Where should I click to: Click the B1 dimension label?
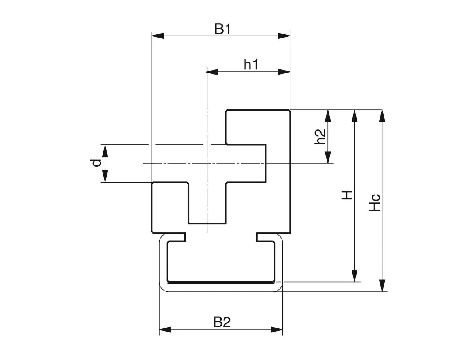[x=222, y=29]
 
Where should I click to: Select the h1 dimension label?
[x=251, y=64]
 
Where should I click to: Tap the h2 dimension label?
[x=320, y=137]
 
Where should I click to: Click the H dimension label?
[x=347, y=195]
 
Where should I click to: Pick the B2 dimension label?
[x=222, y=322]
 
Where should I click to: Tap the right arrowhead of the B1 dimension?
[x=284, y=36]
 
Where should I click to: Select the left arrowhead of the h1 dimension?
[x=213, y=72]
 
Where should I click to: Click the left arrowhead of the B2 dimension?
[x=165, y=330]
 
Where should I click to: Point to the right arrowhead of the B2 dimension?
[x=277, y=330]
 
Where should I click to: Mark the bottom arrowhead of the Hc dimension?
[x=382, y=285]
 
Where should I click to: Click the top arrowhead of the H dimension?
[x=354, y=116]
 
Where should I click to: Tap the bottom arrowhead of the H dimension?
[x=354, y=276]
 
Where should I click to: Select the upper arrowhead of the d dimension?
[x=105, y=151]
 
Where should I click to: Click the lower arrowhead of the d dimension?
[x=105, y=176]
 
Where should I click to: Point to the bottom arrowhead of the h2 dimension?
[x=327, y=157]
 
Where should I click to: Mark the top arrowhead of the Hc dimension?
[x=382, y=116]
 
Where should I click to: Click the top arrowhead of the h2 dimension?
[x=327, y=116]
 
